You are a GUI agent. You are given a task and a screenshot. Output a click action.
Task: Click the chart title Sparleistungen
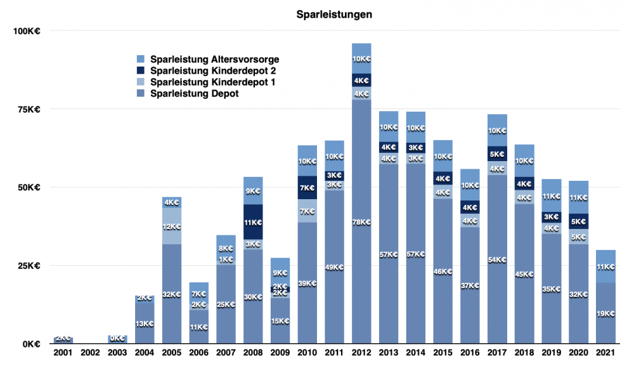tap(334, 14)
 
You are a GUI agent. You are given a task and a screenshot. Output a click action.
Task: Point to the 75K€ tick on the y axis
tap(28, 109)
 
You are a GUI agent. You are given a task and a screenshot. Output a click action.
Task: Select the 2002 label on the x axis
tap(91, 352)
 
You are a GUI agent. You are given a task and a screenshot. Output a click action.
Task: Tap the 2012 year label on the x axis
tap(361, 352)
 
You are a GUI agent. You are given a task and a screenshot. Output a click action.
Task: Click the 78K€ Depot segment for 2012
tap(361, 222)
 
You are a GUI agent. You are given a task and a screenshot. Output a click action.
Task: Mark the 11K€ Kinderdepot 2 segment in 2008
tap(253, 223)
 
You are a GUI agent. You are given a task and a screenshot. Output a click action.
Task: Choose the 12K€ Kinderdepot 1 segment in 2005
tap(172, 226)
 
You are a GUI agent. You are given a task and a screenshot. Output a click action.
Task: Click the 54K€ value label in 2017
tap(498, 259)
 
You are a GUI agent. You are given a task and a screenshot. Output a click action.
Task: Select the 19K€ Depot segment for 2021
tap(606, 313)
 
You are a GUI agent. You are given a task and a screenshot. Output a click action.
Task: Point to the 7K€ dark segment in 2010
tap(307, 188)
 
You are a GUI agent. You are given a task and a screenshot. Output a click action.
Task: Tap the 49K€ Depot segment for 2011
tap(334, 267)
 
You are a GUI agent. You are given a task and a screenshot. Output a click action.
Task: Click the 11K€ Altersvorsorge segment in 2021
tap(606, 266)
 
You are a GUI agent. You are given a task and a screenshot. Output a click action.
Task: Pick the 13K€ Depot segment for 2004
tap(145, 324)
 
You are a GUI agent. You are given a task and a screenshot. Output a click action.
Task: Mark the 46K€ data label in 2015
tap(443, 272)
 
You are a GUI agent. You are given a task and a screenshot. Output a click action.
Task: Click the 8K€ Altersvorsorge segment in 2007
tap(226, 248)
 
